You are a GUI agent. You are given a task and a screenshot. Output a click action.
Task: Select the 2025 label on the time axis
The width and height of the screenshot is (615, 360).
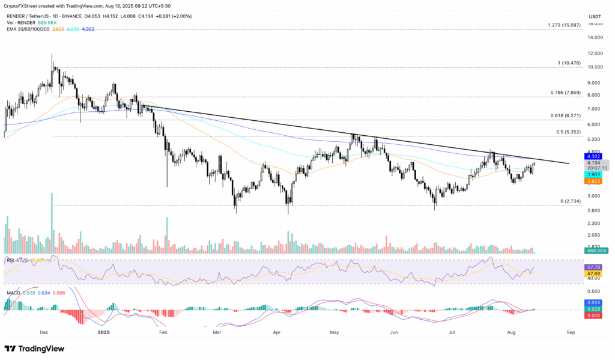[x=104, y=332]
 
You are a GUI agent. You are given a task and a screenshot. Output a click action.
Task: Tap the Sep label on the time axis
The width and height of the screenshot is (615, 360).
[x=571, y=332]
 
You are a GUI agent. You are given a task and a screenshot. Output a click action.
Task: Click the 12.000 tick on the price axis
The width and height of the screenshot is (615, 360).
[x=596, y=53]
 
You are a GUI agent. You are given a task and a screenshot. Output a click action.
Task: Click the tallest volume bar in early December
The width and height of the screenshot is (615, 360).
[x=52, y=223]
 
